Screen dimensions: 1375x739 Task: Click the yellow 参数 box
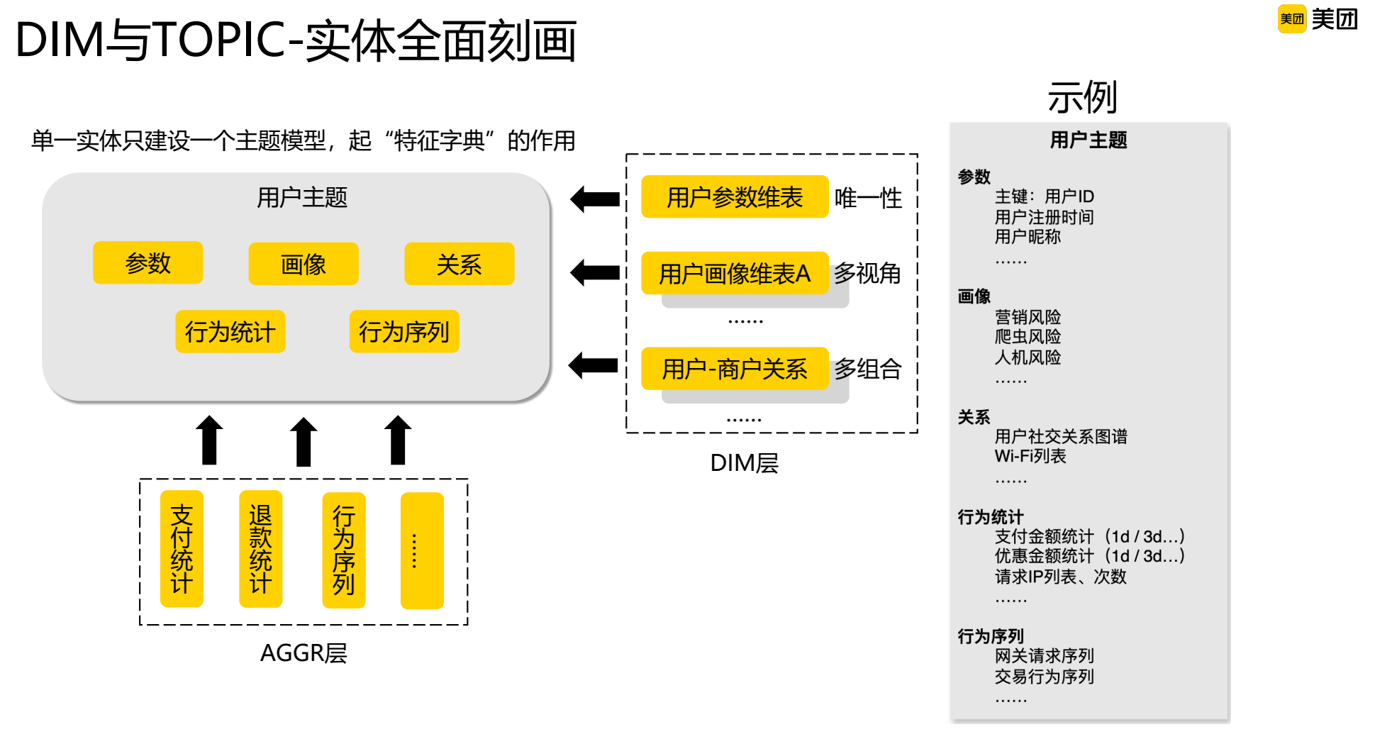click(x=147, y=263)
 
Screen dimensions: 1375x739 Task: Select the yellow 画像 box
click(x=304, y=264)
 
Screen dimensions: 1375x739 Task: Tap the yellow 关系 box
click(x=460, y=264)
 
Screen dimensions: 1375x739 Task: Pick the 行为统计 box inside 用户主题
click(x=230, y=331)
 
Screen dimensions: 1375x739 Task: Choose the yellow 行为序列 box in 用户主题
click(x=404, y=331)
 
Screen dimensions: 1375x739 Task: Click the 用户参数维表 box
click(x=735, y=196)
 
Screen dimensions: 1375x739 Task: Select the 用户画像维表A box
click(x=735, y=273)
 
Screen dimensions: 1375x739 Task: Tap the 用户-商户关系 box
click(x=735, y=368)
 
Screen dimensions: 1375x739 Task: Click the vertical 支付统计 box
click(x=182, y=549)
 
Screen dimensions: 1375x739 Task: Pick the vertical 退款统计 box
click(x=261, y=549)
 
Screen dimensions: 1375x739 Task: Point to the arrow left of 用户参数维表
click(x=595, y=199)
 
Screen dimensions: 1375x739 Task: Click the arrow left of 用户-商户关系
click(x=594, y=366)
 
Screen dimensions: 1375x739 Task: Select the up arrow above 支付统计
click(x=209, y=440)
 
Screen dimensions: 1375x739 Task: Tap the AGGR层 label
click(x=304, y=653)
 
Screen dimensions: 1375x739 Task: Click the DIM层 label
click(x=745, y=463)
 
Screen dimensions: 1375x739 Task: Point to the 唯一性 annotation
click(x=868, y=198)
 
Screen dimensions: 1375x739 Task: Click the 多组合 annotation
click(x=868, y=369)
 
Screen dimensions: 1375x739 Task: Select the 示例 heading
click(x=1083, y=97)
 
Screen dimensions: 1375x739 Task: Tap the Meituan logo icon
click(x=1292, y=19)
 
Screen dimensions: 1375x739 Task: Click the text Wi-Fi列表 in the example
click(x=1030, y=456)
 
